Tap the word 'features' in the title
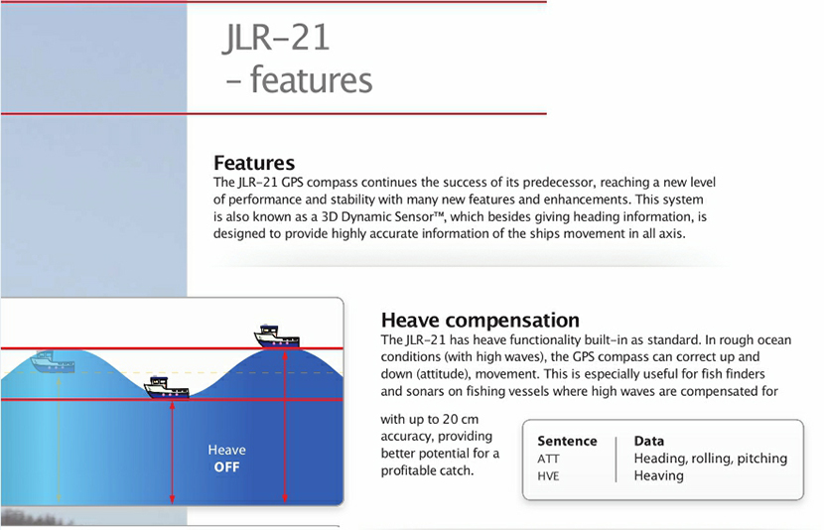pyautogui.click(x=311, y=79)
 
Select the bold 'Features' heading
pyautogui.click(x=254, y=163)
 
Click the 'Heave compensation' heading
pyautogui.click(x=481, y=320)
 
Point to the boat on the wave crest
pyautogui.click(x=277, y=336)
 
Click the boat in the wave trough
pyautogui.click(x=167, y=386)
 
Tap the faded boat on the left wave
pyautogui.click(x=52, y=361)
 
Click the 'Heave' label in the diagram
pyautogui.click(x=226, y=450)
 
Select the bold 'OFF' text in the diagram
pyautogui.click(x=227, y=466)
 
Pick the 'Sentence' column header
pyautogui.click(x=567, y=441)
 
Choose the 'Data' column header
pyautogui.click(x=649, y=441)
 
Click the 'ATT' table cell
pyautogui.click(x=548, y=459)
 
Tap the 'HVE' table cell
pyautogui.click(x=548, y=475)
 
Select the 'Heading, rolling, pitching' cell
pyautogui.click(x=710, y=459)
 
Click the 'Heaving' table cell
pyautogui.click(x=658, y=475)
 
